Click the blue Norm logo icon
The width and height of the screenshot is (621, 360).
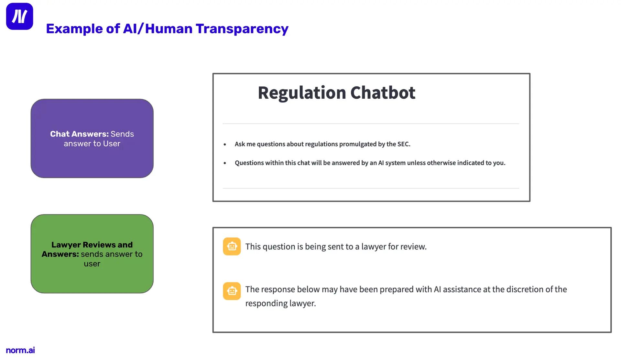(x=19, y=16)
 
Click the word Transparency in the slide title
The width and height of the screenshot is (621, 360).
(x=242, y=29)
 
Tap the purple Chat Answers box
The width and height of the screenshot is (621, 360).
(x=92, y=138)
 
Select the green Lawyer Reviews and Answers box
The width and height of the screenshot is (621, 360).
(x=92, y=254)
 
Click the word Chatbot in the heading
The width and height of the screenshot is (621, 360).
(x=383, y=93)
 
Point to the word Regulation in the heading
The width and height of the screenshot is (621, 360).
(x=302, y=93)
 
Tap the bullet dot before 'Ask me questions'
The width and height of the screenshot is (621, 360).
(x=225, y=145)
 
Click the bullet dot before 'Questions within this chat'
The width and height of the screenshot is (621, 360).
(x=225, y=163)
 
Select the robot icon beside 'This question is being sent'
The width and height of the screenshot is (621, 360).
(x=232, y=246)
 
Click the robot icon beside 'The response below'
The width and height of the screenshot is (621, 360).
(x=232, y=291)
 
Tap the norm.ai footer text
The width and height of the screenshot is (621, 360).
(x=20, y=350)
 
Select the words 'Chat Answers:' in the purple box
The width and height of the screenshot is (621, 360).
(x=80, y=134)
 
